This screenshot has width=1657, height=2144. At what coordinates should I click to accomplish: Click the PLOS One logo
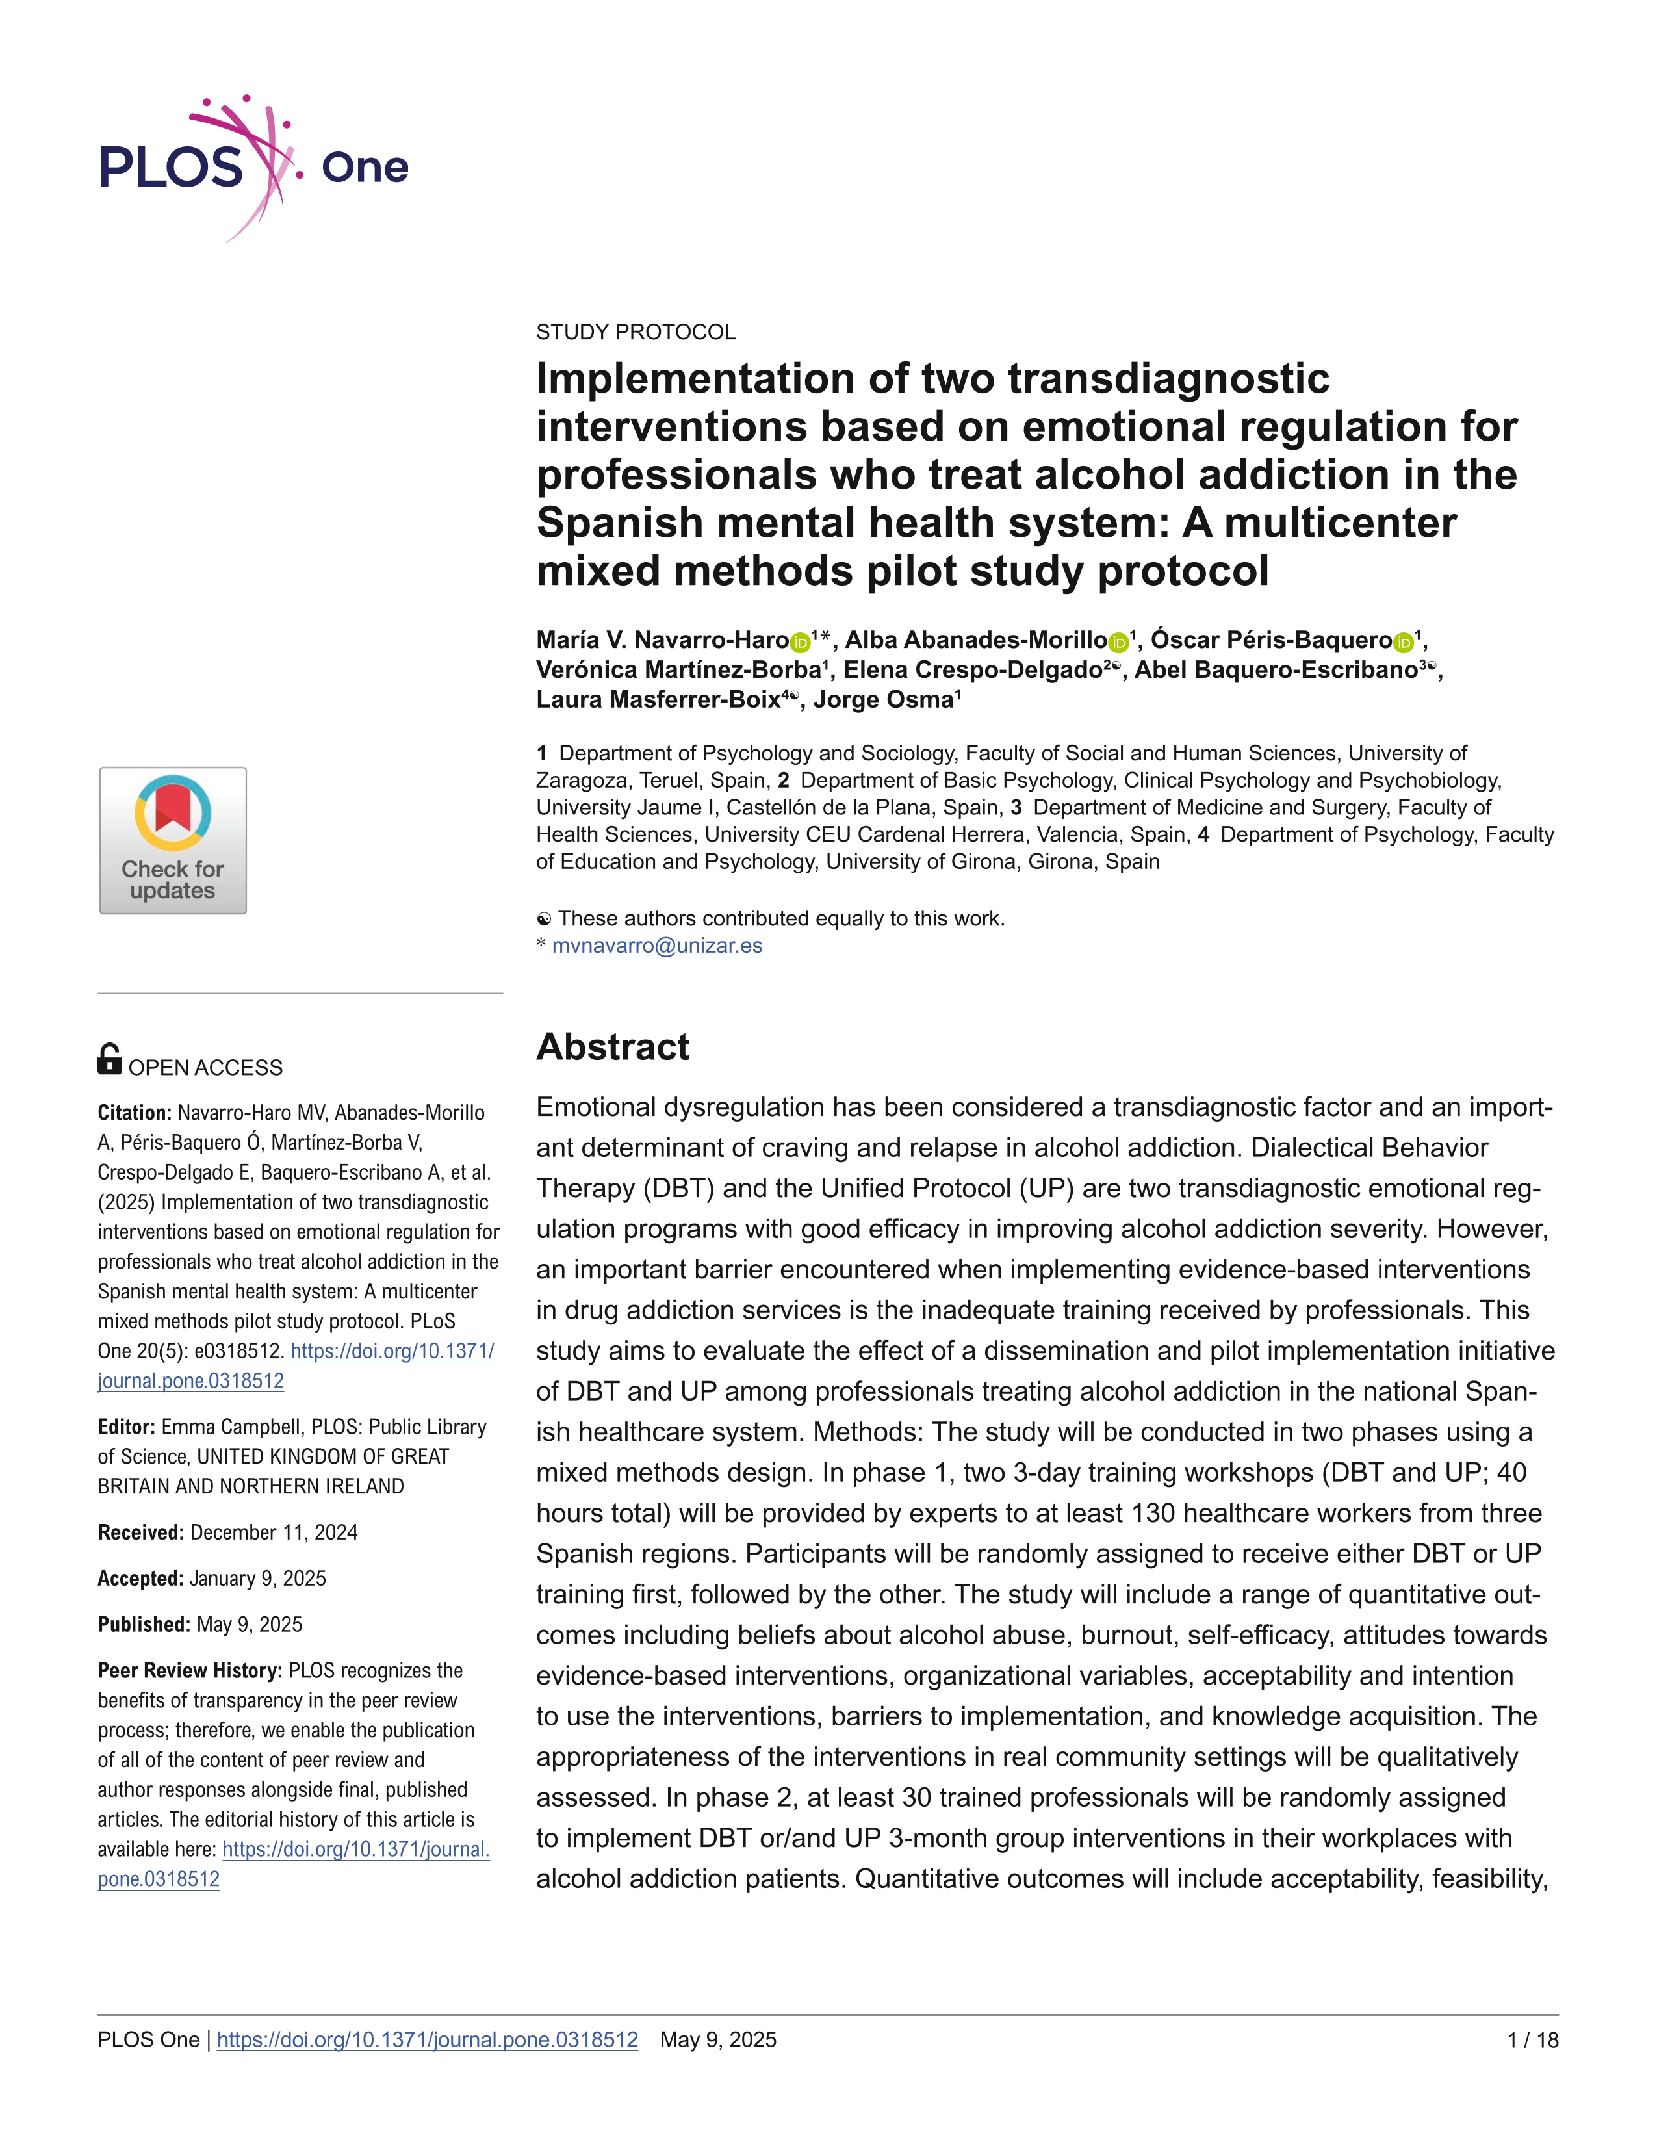(253, 167)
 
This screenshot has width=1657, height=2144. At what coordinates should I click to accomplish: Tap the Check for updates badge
(173, 840)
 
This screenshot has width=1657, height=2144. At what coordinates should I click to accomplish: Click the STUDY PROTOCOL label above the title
(635, 332)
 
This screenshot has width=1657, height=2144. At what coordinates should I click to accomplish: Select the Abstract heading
(613, 1046)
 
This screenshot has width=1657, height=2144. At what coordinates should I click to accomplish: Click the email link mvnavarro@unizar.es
(657, 946)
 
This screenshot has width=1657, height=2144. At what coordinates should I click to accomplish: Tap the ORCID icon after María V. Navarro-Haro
(800, 643)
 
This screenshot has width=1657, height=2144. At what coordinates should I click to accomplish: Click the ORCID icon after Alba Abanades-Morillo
(1118, 643)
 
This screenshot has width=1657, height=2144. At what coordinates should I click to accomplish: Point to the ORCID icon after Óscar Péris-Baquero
(1403, 643)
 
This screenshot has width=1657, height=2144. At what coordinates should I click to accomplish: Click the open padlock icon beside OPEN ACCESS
(109, 1059)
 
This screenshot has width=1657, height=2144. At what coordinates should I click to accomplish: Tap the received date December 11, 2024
(274, 1532)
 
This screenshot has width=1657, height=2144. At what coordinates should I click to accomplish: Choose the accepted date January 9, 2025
(258, 1579)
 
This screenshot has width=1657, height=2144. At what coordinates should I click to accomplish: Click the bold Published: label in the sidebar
(144, 1625)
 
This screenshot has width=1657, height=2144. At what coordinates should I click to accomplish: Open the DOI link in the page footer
(427, 2040)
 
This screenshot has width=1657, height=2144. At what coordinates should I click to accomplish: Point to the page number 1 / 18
(1532, 2040)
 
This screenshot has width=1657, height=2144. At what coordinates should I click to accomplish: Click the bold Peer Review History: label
(190, 1671)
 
